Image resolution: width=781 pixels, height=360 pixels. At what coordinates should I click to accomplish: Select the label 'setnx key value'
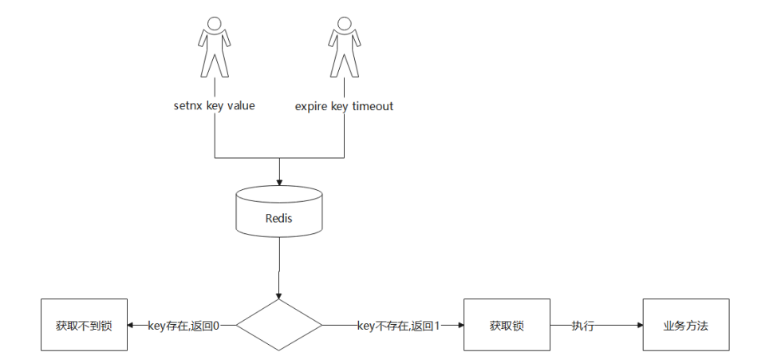pos(214,105)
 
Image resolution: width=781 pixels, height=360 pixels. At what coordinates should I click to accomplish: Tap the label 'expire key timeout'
pos(344,106)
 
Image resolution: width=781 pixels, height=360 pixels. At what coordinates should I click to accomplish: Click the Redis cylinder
pos(279,214)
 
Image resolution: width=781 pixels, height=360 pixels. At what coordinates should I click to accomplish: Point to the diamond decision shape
pos(279,326)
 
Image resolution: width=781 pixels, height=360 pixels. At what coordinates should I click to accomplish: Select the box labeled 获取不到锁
pos(83,326)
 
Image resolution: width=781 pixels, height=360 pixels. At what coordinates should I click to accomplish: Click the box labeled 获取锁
pos(507,326)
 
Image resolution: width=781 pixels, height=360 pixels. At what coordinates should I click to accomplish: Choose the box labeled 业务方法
pos(686,326)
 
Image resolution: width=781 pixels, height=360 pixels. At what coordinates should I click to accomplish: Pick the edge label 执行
pos(582,326)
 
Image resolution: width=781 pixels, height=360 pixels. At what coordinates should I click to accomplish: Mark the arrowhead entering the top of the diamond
pos(279,295)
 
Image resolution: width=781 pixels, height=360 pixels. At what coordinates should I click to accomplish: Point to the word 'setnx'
pos(188,105)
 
